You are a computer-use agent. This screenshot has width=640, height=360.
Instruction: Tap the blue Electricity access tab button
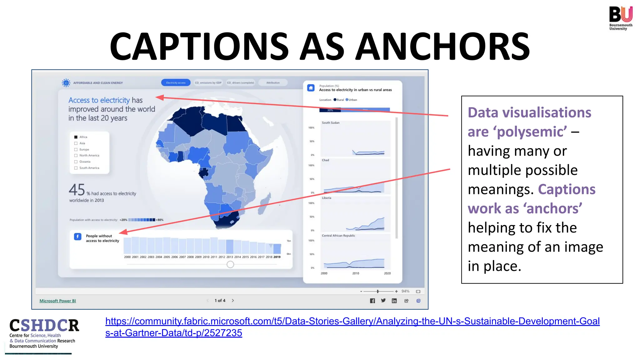point(176,83)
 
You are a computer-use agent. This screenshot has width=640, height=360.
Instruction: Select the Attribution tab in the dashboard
point(273,83)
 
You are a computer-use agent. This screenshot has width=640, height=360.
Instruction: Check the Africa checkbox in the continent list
point(76,137)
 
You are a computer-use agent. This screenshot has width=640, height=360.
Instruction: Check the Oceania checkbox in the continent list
point(76,162)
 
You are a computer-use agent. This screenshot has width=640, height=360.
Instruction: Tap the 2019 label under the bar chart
point(277,257)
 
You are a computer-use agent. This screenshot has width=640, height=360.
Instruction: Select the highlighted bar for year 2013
point(230,247)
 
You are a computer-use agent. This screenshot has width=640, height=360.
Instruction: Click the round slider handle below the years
point(230,265)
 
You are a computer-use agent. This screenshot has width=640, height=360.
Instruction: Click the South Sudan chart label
point(331,123)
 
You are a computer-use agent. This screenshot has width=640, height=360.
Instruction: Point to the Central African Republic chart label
point(338,236)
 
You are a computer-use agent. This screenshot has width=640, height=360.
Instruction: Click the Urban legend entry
point(352,100)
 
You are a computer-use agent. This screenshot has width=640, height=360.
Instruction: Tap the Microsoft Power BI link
point(57,301)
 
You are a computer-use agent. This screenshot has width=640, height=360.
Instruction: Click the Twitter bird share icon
point(383,301)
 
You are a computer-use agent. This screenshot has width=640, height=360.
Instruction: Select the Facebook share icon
point(372,301)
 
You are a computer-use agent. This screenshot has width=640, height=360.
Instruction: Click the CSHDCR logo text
point(44,326)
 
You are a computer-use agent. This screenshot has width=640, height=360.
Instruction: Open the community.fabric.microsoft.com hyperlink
point(352,322)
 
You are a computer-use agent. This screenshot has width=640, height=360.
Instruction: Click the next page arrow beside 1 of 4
point(233,301)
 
